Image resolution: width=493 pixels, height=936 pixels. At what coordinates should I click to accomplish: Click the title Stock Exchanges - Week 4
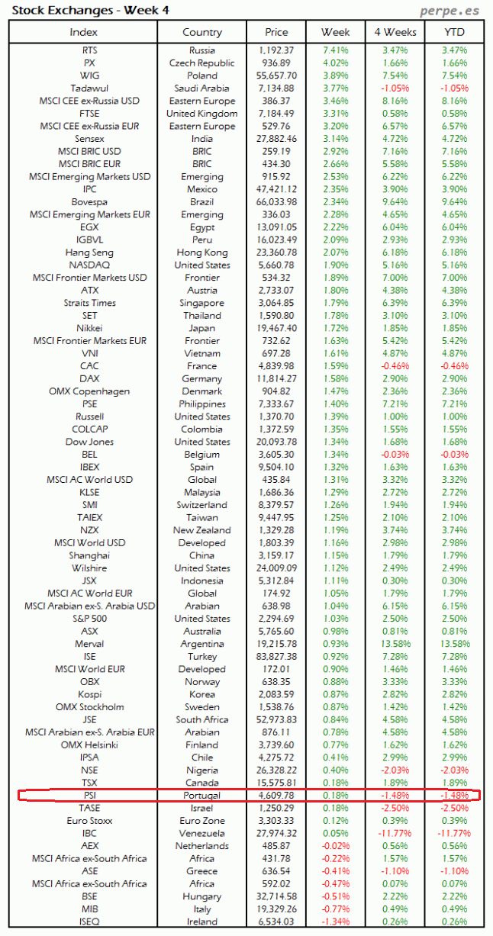click(90, 11)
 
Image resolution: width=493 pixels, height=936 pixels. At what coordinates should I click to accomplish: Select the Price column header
click(276, 32)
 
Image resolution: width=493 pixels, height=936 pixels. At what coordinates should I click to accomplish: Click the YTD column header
click(454, 32)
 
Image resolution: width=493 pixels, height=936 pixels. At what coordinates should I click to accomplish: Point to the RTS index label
click(89, 50)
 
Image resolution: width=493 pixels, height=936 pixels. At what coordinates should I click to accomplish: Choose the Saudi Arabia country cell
click(202, 88)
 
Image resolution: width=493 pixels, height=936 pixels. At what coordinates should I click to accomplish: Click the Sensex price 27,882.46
click(276, 139)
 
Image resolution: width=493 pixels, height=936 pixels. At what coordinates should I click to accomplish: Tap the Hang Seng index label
click(89, 252)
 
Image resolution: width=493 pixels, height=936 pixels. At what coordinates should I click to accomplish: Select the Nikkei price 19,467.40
click(276, 328)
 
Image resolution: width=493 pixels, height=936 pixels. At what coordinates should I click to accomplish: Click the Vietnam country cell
click(202, 353)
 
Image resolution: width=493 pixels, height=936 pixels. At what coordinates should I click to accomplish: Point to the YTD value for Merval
click(454, 644)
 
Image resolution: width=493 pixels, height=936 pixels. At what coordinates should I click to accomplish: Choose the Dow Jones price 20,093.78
click(276, 442)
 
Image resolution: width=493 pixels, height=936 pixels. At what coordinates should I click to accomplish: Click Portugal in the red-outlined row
click(202, 796)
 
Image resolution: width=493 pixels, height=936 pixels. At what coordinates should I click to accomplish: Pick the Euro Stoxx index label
click(89, 821)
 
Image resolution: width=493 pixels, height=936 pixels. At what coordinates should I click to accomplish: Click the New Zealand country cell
click(202, 530)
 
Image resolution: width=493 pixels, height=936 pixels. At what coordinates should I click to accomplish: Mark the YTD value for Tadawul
click(454, 88)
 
